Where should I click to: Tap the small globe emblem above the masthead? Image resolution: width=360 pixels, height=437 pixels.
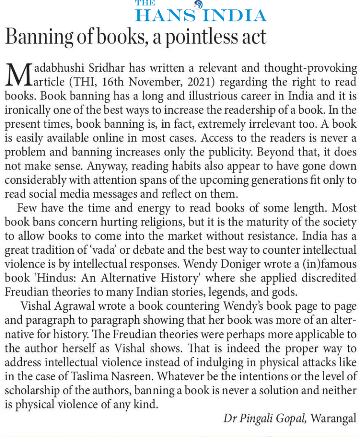tap(197, 5)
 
